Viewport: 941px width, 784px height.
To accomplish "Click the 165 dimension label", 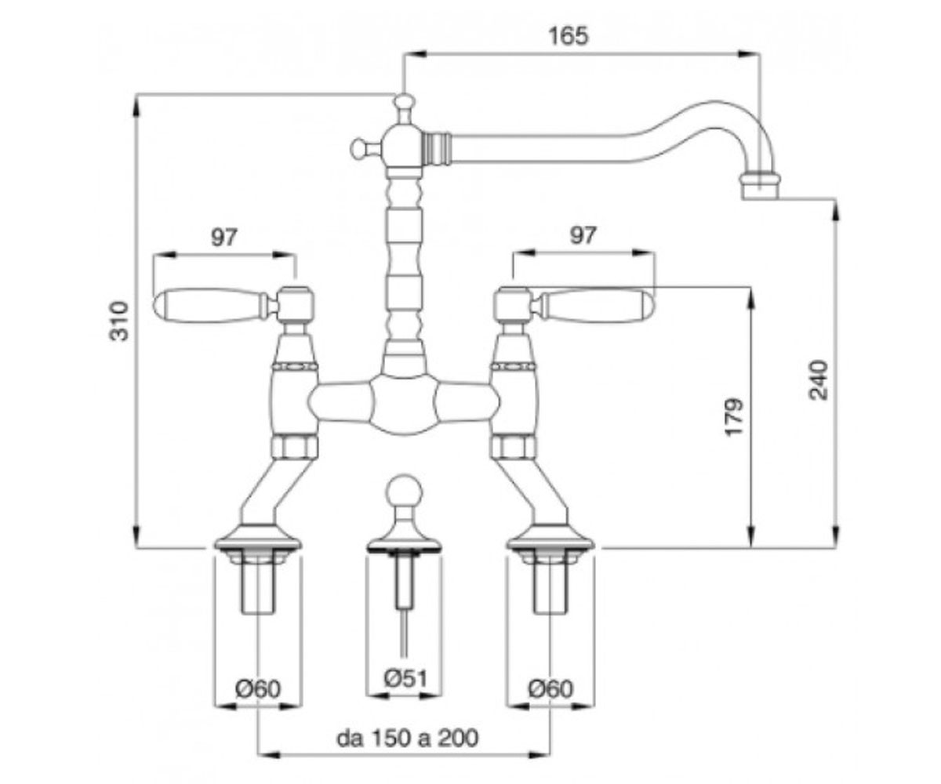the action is tap(569, 36).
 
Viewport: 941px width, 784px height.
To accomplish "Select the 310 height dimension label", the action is tap(120, 321).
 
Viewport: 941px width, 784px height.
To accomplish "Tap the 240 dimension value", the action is tap(819, 379).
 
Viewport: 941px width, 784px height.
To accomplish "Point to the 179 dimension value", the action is tap(734, 417).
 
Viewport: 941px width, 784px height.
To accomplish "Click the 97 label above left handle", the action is tap(224, 237).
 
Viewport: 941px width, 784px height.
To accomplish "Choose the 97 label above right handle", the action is tap(583, 235).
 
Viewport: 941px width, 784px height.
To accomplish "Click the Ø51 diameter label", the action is tap(405, 679).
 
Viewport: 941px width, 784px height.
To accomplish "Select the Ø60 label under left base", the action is tap(258, 688).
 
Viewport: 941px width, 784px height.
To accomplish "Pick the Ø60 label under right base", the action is tap(550, 688).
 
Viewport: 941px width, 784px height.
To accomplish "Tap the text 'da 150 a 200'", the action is tap(408, 739).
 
